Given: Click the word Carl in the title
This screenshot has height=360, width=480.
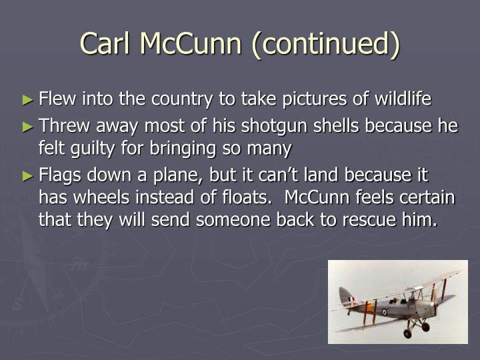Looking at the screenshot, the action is tap(105, 43).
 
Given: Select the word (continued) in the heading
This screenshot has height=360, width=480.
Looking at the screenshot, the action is tap(326, 45).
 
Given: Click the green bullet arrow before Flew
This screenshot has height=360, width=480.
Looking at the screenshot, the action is tap(28, 100).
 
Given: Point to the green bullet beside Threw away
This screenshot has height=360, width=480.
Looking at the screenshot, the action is tap(28, 127).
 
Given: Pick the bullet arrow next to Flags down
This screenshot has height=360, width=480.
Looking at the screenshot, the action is tap(28, 176).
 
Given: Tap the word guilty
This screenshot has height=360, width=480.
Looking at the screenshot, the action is tap(93, 149).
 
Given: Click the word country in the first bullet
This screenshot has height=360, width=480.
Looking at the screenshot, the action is tap(182, 100).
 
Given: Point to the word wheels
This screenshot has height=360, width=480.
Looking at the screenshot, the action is tap(101, 197).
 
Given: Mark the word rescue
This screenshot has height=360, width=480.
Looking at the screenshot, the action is tap(368, 221).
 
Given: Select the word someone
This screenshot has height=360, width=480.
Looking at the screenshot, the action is tap(233, 221).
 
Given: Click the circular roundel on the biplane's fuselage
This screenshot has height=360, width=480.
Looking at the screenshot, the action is tap(385, 312).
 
